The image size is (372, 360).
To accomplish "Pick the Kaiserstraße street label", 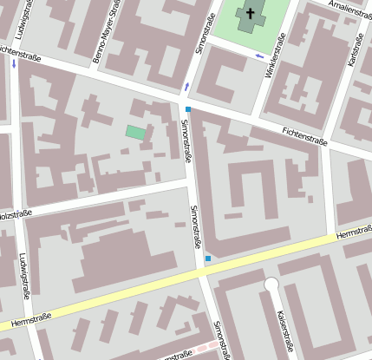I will (x=286, y=334).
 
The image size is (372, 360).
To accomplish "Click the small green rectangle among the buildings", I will (x=135, y=132).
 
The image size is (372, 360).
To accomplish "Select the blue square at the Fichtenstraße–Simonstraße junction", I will (x=187, y=108).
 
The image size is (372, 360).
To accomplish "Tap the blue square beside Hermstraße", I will (x=208, y=259).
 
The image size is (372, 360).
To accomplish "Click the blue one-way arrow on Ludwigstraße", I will (x=14, y=63).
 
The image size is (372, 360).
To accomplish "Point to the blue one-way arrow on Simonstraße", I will (x=186, y=86).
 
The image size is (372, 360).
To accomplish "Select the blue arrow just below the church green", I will (x=258, y=56).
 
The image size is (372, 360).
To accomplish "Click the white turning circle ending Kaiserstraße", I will (x=271, y=284).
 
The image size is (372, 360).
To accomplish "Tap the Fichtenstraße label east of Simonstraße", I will (x=307, y=135).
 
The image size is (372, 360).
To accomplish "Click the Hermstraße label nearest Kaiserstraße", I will (x=352, y=233).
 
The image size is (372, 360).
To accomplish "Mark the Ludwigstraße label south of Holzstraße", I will (x=23, y=277).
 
